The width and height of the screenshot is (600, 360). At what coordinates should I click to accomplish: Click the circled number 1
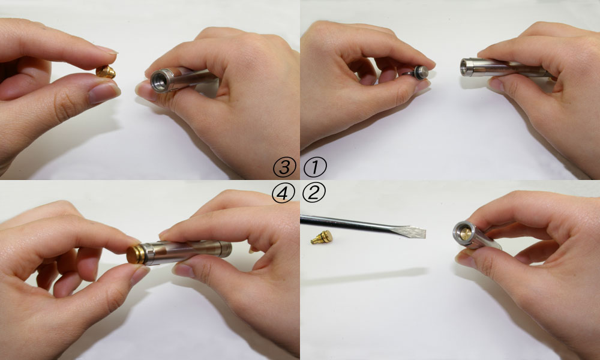pyautogui.click(x=315, y=167)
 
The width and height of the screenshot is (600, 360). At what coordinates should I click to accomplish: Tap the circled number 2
pyautogui.click(x=314, y=192)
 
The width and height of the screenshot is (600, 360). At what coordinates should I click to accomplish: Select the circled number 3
pyautogui.click(x=284, y=167)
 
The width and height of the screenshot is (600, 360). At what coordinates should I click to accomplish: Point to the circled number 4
pyautogui.click(x=283, y=193)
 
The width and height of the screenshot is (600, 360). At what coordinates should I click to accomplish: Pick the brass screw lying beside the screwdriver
pyautogui.click(x=322, y=238)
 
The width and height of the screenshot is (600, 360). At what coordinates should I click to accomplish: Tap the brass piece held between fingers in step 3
pyautogui.click(x=106, y=72)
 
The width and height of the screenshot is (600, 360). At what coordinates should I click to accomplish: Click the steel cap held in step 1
pyautogui.click(x=420, y=73)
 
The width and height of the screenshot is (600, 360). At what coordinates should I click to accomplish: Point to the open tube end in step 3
pyautogui.click(x=160, y=81)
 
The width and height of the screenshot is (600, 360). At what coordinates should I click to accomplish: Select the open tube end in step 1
pyautogui.click(x=466, y=67)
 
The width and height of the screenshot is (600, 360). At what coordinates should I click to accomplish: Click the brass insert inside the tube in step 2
pyautogui.click(x=466, y=234)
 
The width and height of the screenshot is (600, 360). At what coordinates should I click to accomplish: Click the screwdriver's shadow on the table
pyautogui.click(x=364, y=276)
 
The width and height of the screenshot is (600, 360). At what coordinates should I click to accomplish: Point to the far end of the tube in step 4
pyautogui.click(x=226, y=249)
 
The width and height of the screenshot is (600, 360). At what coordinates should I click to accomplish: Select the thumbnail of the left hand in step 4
pyautogui.click(x=139, y=275)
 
